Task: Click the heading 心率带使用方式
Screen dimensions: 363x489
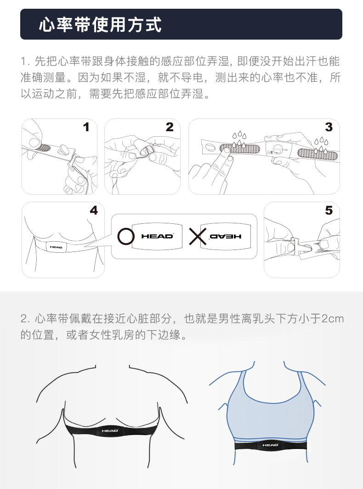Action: (x=100, y=25)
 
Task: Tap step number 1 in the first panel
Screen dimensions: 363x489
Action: (x=86, y=127)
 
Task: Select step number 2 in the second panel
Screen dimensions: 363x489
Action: (x=170, y=127)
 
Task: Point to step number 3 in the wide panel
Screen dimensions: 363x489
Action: (x=329, y=127)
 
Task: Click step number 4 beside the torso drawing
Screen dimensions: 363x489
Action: (x=94, y=210)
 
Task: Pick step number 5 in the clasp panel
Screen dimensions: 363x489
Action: (x=329, y=210)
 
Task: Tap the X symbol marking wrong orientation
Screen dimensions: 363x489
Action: (x=198, y=236)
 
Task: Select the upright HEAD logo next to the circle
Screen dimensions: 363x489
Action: (x=157, y=236)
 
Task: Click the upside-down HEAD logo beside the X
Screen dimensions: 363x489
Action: (x=226, y=236)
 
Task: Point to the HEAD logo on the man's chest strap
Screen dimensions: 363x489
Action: (x=110, y=431)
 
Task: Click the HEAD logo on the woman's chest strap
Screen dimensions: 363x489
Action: (x=270, y=445)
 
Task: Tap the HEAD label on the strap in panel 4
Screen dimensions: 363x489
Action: (x=56, y=247)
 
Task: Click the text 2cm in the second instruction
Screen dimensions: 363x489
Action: (x=333, y=319)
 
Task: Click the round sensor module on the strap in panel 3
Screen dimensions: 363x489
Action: (x=278, y=149)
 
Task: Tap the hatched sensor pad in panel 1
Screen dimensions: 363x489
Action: (x=43, y=147)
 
